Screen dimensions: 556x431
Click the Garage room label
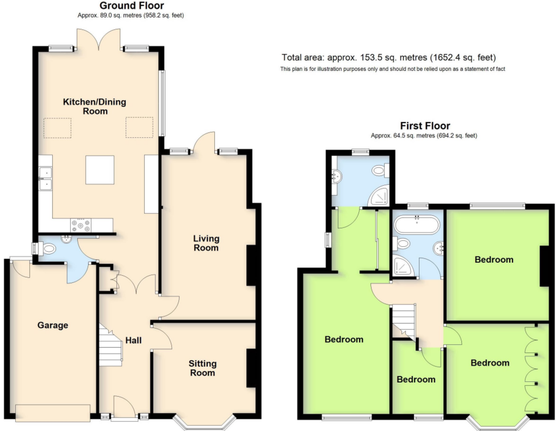point(53,325)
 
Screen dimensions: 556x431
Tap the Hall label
point(133,340)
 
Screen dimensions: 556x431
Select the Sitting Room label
point(202,368)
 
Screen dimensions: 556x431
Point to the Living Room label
point(206,243)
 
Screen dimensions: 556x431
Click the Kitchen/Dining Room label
point(95,106)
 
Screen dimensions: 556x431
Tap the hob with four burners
point(81,225)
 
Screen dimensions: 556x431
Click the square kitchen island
point(100,170)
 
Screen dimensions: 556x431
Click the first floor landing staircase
point(403,322)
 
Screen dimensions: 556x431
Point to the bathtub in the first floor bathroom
point(417,225)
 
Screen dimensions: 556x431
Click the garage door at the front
point(53,413)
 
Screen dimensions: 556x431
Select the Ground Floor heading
point(132,6)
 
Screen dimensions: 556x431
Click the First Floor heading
point(425,126)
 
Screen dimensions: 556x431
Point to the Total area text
point(389,58)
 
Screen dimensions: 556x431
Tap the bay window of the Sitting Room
point(204,423)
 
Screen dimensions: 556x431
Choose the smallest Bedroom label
point(416,379)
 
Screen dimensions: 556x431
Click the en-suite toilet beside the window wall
point(380,170)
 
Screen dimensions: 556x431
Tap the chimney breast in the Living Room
point(251,265)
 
